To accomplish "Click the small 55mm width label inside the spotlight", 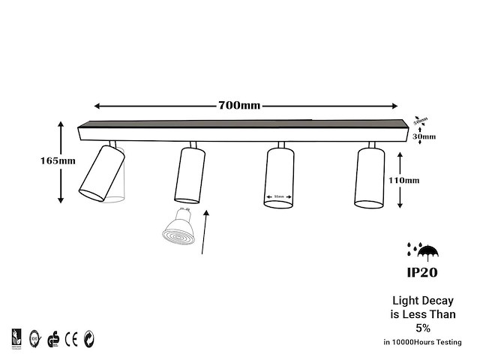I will click(x=279, y=197).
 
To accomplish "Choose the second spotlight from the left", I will click(x=189, y=175).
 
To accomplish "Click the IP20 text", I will click(x=424, y=271).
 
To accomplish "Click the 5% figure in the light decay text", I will click(x=423, y=328).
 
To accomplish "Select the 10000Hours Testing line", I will click(x=422, y=342).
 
